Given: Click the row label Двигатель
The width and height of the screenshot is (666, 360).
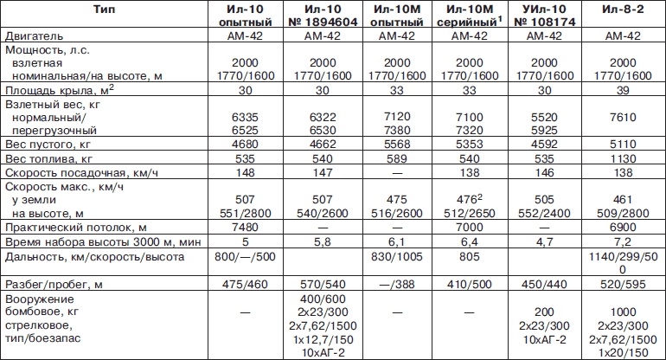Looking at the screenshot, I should pos(34,38).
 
